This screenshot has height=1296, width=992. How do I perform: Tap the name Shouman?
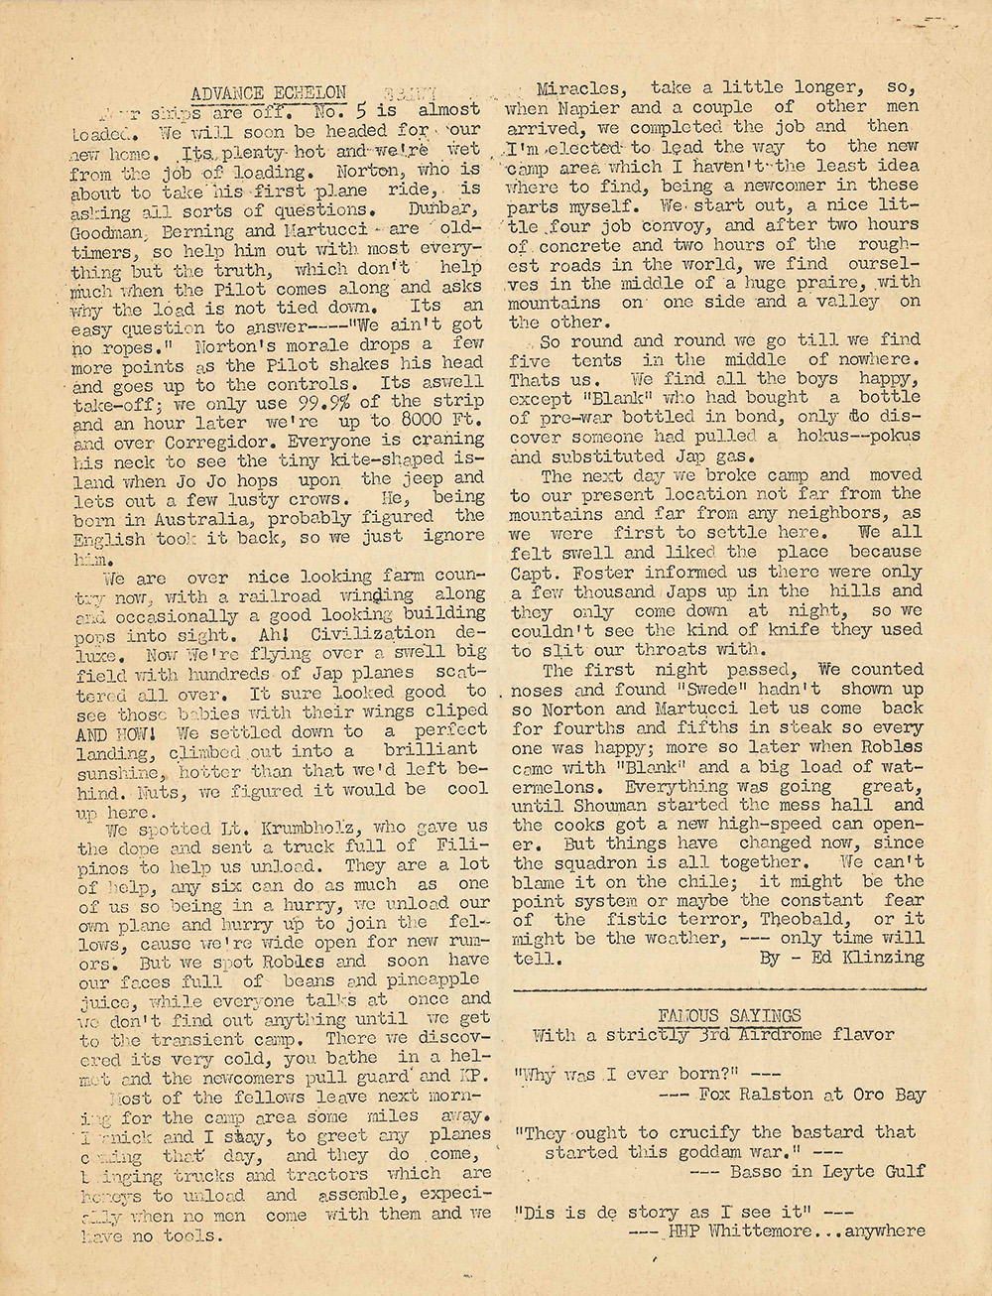click(638, 805)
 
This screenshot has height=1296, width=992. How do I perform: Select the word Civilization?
click(373, 633)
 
